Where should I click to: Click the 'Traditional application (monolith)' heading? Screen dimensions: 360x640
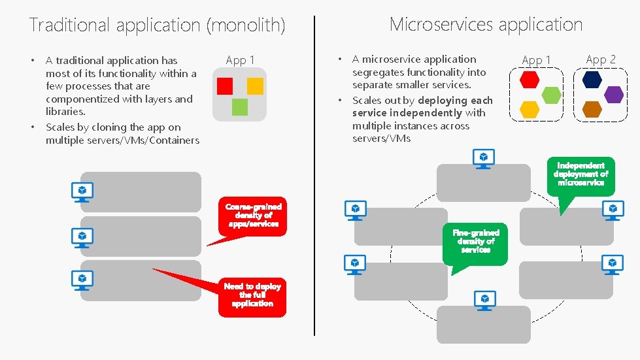click(x=157, y=25)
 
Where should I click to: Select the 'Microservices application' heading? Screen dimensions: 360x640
click(x=486, y=24)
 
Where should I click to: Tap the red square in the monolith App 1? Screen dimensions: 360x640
click(x=225, y=86)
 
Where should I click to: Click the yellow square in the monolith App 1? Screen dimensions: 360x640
click(x=255, y=86)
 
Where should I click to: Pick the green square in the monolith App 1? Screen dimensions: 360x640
click(x=240, y=106)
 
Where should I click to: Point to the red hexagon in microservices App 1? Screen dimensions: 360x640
click(x=530, y=80)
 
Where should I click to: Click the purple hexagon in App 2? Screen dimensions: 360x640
click(x=614, y=94)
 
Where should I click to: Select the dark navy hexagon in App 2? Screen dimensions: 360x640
click(x=592, y=80)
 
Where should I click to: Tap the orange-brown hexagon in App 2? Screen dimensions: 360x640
click(x=592, y=109)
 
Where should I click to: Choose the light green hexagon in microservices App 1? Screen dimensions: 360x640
click(x=552, y=95)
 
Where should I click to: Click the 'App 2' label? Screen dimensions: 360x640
click(x=600, y=59)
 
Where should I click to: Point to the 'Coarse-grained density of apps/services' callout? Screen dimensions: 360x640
click(x=253, y=215)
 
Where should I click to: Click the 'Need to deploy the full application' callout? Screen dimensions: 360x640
click(x=252, y=295)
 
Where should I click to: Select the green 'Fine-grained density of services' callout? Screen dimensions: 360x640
click(x=475, y=241)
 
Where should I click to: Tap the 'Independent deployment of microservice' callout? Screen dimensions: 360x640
click(x=581, y=174)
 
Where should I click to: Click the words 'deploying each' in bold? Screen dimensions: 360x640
click(x=455, y=100)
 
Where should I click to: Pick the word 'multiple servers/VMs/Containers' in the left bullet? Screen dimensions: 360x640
click(x=122, y=140)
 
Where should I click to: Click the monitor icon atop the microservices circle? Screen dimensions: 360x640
click(x=484, y=159)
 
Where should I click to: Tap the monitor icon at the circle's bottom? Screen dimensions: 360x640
click(x=484, y=300)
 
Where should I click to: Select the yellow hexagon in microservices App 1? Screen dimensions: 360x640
click(x=530, y=109)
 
